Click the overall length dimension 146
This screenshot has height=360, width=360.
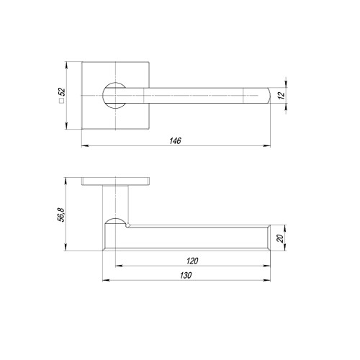tap(176, 141)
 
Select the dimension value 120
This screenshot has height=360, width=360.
tap(192, 261)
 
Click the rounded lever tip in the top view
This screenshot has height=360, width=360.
tap(266, 94)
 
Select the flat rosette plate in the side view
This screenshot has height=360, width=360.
tap(115, 180)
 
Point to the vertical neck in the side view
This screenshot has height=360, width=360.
tap(115, 200)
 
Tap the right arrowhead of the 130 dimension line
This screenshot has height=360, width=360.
tap(271, 281)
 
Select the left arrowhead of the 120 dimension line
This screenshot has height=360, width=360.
tap(117, 266)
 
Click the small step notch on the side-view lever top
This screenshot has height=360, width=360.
tap(128, 226)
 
